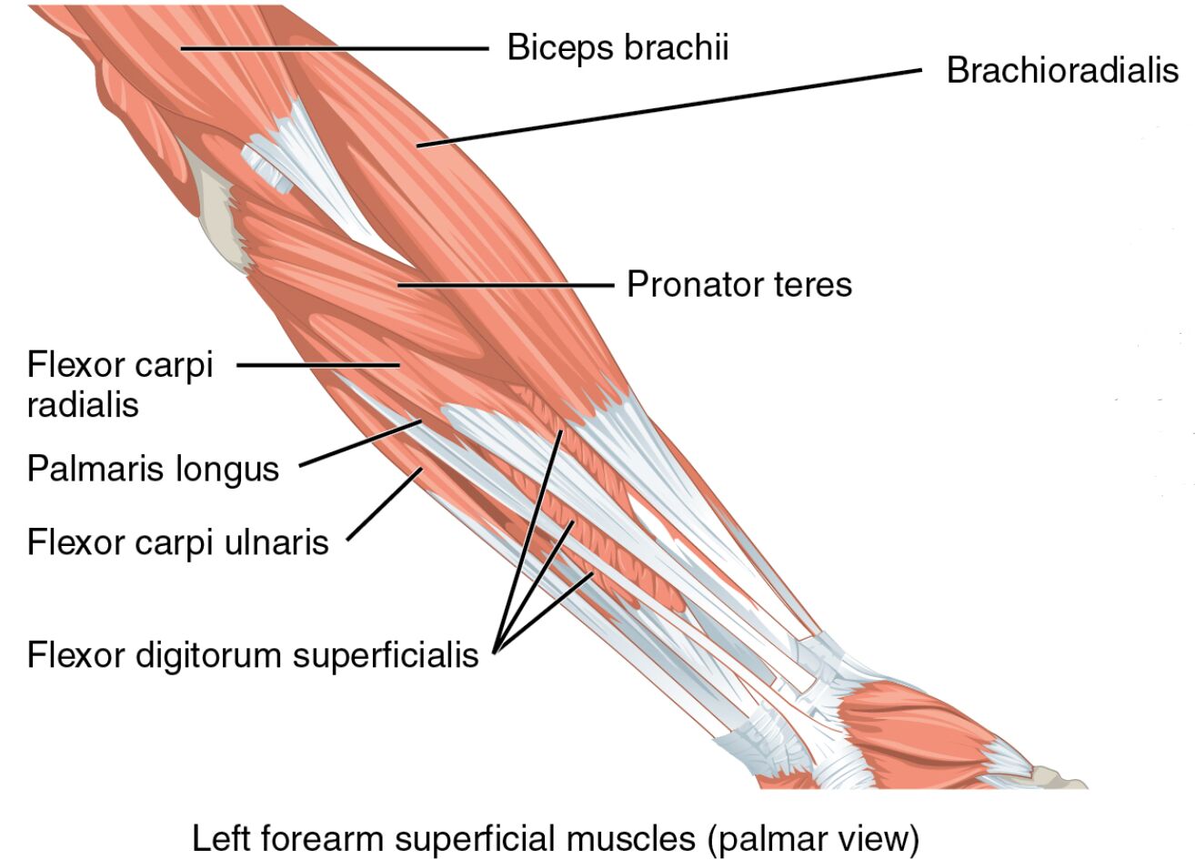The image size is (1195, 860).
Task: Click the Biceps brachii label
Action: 618,46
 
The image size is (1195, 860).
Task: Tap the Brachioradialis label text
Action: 1061,70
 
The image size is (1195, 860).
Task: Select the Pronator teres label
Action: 738,285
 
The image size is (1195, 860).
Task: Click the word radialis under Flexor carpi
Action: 83,404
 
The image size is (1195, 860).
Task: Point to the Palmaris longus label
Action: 153,470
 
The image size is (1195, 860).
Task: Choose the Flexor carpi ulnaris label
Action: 177,542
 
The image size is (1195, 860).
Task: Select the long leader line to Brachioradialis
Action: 673,106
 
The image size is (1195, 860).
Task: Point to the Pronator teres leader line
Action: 506,285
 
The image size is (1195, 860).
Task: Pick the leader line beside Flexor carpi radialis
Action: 318,366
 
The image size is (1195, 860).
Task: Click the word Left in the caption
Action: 219,837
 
